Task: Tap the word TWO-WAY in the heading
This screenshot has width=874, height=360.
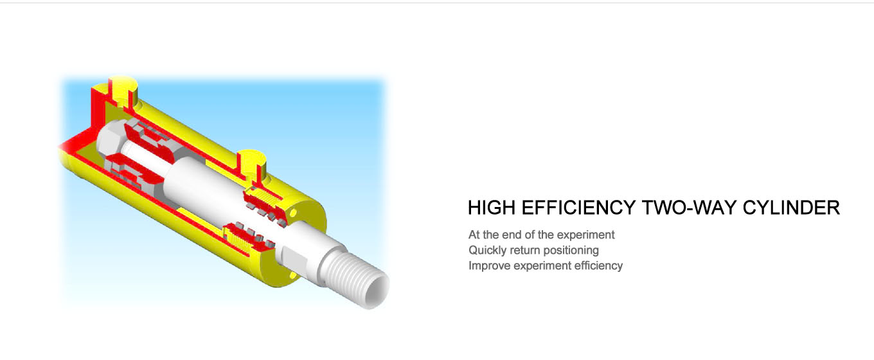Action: (689, 208)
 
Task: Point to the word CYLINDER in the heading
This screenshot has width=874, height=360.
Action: (791, 208)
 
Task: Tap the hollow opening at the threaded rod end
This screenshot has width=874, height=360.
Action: (377, 293)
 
